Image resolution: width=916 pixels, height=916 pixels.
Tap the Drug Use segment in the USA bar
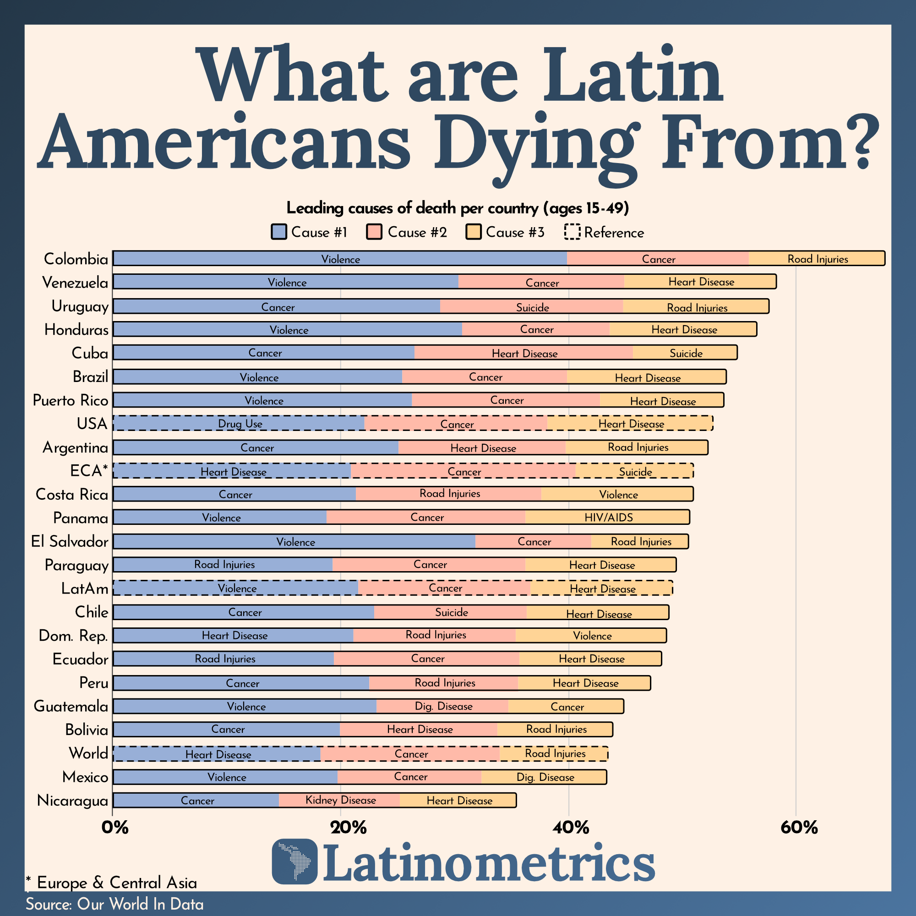(x=239, y=423)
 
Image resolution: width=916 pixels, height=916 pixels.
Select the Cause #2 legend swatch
(x=374, y=232)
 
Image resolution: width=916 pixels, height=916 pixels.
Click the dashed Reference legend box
(x=572, y=232)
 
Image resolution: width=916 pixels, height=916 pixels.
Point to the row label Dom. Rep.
(x=73, y=635)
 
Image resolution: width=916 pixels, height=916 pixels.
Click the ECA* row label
(x=89, y=470)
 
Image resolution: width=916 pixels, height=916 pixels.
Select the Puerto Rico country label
(x=70, y=400)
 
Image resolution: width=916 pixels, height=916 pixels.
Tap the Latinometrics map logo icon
(x=294, y=861)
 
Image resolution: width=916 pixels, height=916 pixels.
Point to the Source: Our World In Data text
(x=114, y=904)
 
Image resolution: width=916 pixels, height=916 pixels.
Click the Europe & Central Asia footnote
(x=111, y=883)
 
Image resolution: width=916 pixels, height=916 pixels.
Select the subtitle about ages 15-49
(x=458, y=207)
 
